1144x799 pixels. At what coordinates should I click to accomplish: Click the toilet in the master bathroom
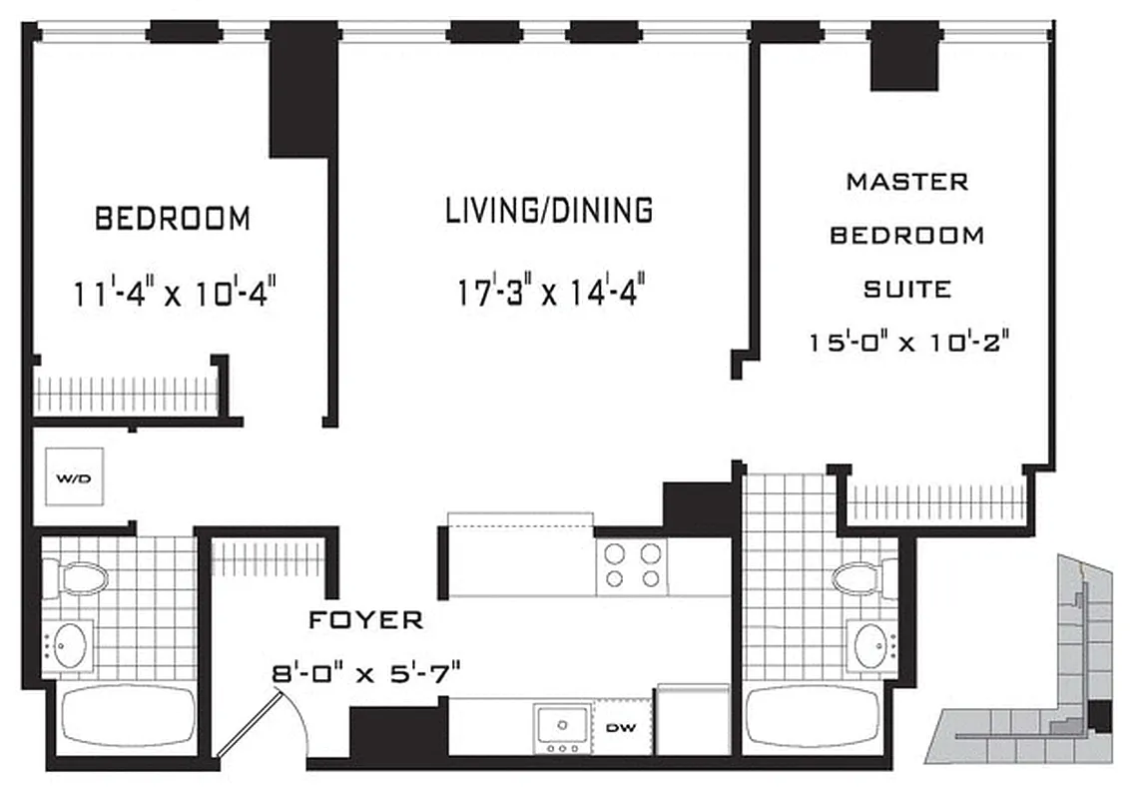click(x=860, y=576)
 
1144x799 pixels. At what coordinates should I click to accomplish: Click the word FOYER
click(x=365, y=620)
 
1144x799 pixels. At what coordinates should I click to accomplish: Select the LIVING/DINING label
click(x=549, y=211)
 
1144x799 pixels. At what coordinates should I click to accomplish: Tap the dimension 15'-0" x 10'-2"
click(x=910, y=342)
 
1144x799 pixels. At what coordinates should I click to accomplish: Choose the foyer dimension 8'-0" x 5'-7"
click(x=365, y=672)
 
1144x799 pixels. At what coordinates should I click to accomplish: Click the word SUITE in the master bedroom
click(x=906, y=290)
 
